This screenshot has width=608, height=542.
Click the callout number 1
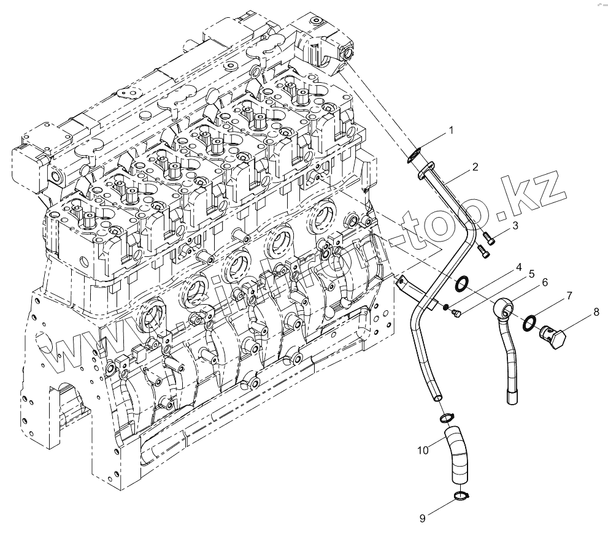[450, 130]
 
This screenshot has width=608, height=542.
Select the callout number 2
[475, 166]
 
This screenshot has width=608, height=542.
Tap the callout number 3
[515, 225]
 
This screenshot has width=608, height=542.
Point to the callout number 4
[502, 267]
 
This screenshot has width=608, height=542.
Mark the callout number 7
[569, 296]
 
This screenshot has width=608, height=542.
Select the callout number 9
[421, 518]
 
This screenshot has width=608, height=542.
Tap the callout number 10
[423, 451]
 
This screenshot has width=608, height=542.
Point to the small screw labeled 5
[456, 314]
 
